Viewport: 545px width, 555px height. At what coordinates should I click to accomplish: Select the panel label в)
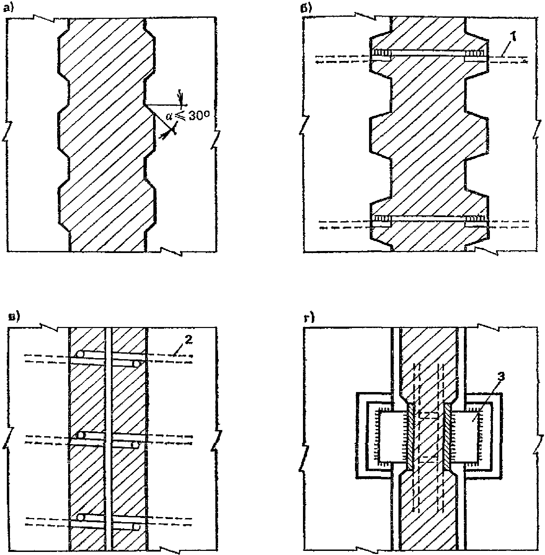[14, 316]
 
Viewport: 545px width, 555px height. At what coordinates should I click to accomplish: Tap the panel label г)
[309, 318]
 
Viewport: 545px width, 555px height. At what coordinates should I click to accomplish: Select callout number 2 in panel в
[189, 340]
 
